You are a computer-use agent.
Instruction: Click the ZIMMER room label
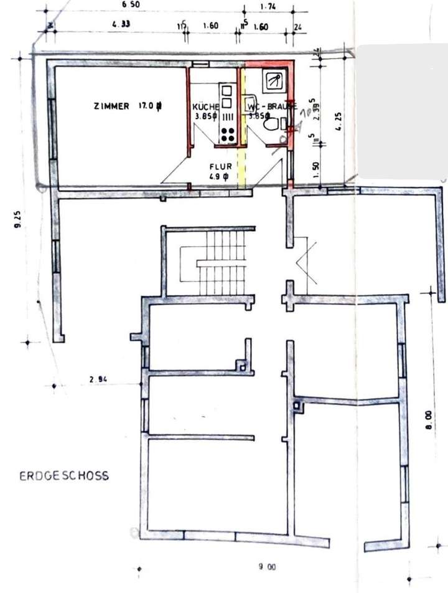111,107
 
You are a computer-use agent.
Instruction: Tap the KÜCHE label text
205,107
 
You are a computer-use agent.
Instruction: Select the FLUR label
222,166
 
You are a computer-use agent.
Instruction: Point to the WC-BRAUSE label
272,106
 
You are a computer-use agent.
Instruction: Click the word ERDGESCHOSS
64,476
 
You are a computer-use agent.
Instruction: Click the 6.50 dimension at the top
131,6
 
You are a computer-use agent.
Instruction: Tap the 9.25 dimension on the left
18,220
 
